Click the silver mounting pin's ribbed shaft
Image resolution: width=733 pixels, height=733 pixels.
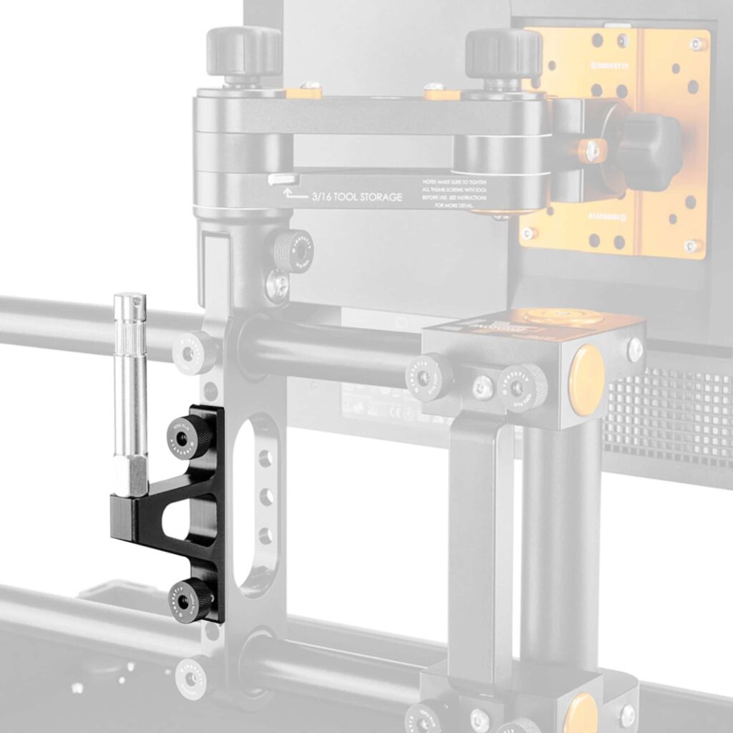pyautogui.click(x=130, y=387)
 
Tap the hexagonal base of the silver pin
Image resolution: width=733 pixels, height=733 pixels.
pyautogui.click(x=130, y=477)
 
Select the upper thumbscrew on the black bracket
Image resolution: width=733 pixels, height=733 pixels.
pyautogui.click(x=190, y=435)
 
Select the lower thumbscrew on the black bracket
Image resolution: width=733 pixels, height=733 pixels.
pyautogui.click(x=190, y=600)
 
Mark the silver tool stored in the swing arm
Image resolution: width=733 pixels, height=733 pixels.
pyautogui.click(x=283, y=179)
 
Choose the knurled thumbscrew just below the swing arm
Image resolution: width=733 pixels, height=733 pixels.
pyautogui.click(x=292, y=251)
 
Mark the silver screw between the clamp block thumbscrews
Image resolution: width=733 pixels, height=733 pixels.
pyautogui.click(x=483, y=387)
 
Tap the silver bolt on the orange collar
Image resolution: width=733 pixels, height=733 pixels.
pyautogui.click(x=592, y=151)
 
